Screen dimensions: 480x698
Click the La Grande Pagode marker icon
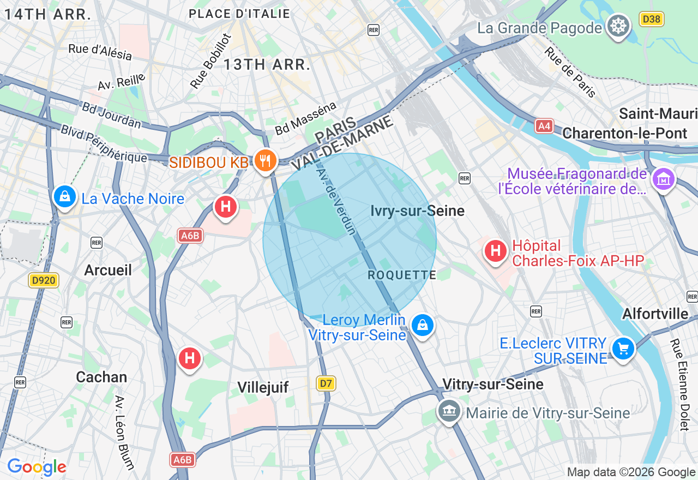coord(618,26)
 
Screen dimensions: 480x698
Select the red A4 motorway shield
coord(544,126)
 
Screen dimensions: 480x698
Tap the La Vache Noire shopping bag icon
coord(65,197)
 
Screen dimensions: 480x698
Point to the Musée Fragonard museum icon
coord(664,179)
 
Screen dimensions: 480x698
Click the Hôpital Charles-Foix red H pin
coord(496,251)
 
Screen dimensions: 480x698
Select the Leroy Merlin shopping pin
coord(422,326)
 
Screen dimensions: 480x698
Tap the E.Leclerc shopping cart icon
coord(623,347)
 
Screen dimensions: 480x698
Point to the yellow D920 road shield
coord(44,280)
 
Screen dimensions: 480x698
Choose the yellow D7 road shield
coord(326,383)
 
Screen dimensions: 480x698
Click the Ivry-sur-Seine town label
coord(417,211)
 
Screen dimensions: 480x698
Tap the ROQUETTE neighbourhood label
coord(402,275)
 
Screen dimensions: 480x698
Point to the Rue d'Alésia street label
coord(100,52)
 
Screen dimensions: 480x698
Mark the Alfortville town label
coord(655,314)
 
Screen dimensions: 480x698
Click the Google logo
coord(37,467)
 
